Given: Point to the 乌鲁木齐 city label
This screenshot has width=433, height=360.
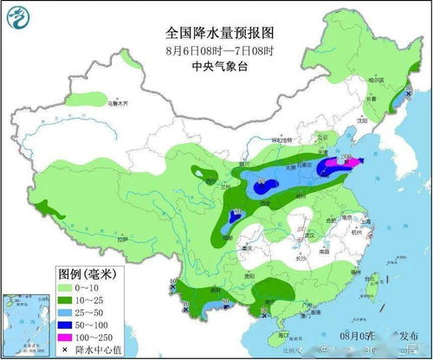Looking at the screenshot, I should (119, 103).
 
